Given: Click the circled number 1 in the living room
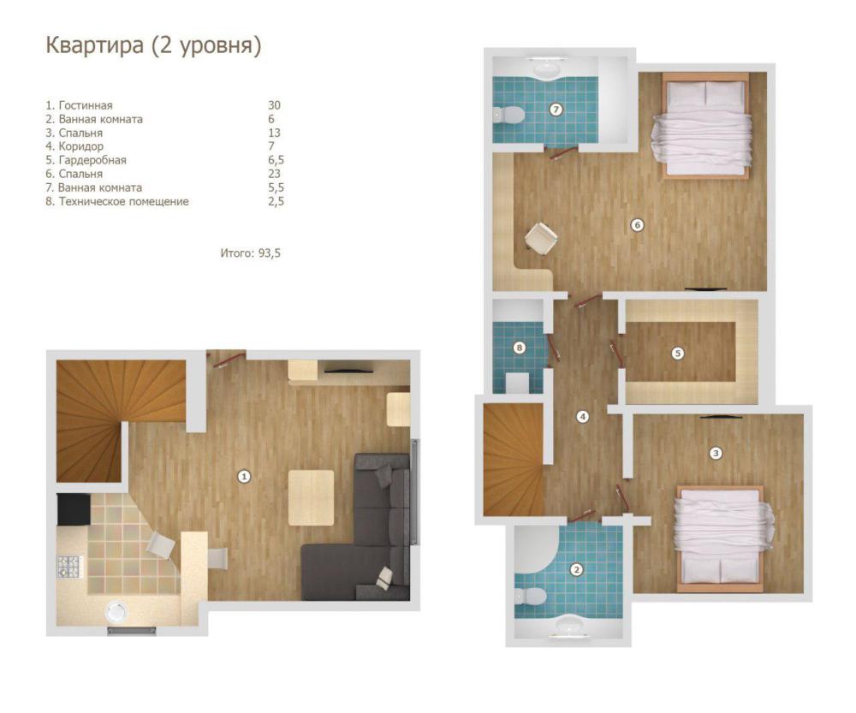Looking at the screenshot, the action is pos(244,477).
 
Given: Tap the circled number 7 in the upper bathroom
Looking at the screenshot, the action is pos(556,110).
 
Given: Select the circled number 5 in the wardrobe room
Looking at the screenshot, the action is pos(677,354).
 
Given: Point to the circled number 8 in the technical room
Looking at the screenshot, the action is pos(520,348).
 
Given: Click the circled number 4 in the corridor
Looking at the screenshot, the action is pos(583,417).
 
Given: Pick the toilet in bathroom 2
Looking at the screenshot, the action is pos(531,596).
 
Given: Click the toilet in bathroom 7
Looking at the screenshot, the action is pos(508,115).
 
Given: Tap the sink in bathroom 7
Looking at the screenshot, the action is pos(546,69).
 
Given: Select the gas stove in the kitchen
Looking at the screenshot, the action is pos(68,567).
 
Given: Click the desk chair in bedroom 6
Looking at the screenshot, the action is pos(541,237).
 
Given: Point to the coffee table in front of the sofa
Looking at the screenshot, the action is pos(312,498).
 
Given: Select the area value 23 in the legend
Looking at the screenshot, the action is pos(274,174).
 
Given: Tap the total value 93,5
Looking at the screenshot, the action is pos(269,253).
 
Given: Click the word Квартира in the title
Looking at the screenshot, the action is pos(94,45).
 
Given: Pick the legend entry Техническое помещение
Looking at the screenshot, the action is pos(123,201).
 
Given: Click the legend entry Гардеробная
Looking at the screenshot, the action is pos(92,161).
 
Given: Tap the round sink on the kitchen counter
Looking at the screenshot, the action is pos(116,611).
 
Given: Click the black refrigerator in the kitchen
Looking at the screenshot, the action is pos(74,509).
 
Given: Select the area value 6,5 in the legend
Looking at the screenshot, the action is pos(276,161).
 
